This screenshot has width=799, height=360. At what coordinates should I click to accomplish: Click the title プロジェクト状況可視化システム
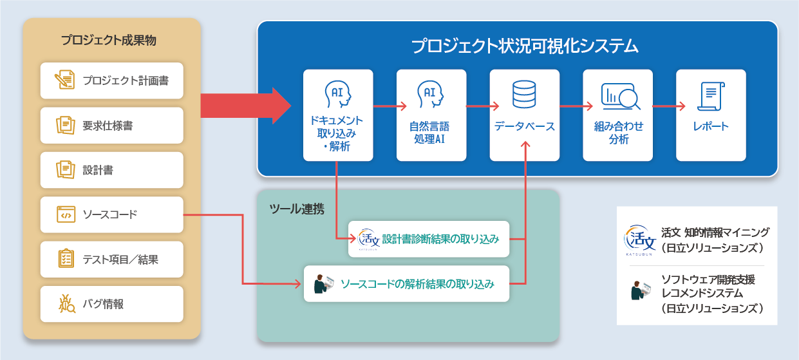[525, 46]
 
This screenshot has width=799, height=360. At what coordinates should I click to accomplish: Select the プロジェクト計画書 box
[111, 81]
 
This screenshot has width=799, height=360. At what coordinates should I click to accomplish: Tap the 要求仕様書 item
[111, 126]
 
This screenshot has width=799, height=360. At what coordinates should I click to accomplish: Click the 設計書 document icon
[65, 170]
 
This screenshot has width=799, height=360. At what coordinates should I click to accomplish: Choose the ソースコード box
[111, 214]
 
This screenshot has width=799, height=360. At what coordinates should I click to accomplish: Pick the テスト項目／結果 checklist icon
[65, 260]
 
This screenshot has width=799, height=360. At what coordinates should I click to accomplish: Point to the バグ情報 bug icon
[66, 303]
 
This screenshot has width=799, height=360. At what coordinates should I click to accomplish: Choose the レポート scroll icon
[711, 97]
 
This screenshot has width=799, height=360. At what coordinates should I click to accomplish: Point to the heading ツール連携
[296, 209]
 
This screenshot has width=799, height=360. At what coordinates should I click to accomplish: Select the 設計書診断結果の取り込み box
[429, 239]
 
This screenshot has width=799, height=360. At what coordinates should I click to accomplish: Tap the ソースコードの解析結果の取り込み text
[417, 283]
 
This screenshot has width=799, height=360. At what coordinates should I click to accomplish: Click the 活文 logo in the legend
[639, 238]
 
